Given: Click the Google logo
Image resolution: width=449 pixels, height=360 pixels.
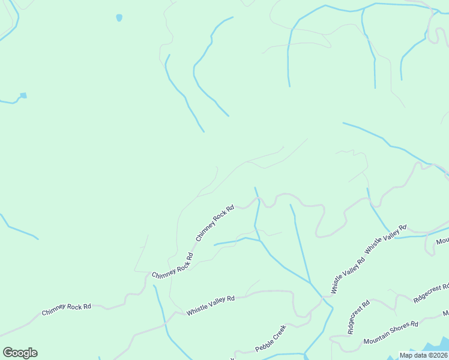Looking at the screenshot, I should pos(20,353).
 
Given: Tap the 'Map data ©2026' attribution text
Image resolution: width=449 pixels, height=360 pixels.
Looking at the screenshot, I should pos(424,355).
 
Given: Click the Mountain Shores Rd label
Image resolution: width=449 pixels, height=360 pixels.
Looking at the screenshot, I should pos(391,333).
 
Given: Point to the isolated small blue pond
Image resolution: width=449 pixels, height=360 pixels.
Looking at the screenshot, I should pos(119,18).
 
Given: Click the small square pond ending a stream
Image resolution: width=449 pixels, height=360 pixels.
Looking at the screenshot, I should pos(23,95).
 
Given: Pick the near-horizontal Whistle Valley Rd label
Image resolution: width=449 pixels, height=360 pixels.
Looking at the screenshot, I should pos(210,305).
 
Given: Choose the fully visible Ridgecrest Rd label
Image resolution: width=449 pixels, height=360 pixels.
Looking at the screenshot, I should pos(359,317).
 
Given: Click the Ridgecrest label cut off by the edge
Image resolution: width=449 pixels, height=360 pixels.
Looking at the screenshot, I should pos(431,293).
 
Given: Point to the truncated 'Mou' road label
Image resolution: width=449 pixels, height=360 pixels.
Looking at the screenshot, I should pos(442,241).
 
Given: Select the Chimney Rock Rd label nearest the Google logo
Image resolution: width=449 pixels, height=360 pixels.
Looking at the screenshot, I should pos(66,310).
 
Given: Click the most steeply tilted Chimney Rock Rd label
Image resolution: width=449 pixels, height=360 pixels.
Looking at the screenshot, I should pos(214,223).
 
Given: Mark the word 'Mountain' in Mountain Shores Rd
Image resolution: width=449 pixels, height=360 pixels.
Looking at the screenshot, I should pos(376,338).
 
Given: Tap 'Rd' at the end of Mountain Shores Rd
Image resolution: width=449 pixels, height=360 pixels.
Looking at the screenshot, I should pos(414,325).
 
